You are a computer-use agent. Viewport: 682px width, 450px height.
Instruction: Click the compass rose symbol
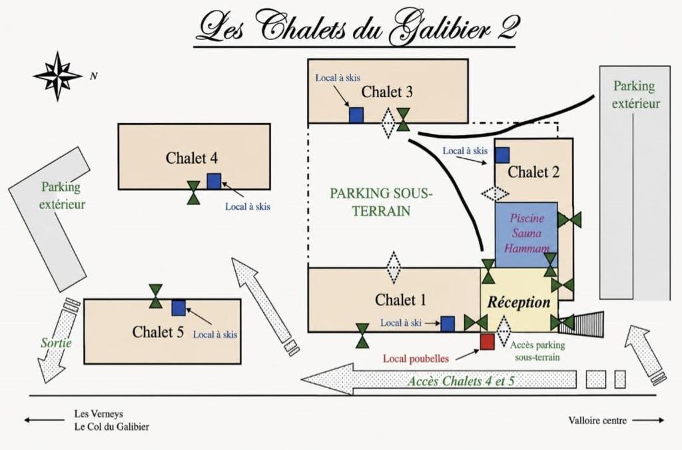point(58,76)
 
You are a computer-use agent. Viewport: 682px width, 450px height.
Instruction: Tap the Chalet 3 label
point(387,92)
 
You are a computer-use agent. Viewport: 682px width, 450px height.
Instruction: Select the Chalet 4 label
point(191,158)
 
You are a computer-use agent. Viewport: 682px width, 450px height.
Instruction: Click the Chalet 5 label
point(158,332)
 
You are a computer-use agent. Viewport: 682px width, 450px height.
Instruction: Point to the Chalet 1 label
point(400,300)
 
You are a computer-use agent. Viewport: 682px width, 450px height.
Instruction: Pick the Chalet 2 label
point(533,172)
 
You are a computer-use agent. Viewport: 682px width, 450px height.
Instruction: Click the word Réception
point(519,302)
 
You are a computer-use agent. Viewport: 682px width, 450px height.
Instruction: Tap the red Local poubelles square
point(487,341)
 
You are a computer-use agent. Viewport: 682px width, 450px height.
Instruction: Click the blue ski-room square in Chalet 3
point(356,115)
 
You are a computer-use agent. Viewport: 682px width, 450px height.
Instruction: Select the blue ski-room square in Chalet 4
point(214,181)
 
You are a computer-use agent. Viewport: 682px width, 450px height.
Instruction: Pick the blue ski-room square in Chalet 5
point(178,308)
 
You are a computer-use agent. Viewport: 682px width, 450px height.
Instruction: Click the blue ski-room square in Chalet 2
point(502,155)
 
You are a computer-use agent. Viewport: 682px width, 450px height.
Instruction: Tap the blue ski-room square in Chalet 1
point(448,324)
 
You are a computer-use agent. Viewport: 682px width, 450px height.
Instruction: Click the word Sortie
point(56,343)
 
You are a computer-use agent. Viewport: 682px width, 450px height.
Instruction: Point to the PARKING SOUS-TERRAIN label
point(381,202)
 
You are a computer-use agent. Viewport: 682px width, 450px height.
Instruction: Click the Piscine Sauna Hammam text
point(526,233)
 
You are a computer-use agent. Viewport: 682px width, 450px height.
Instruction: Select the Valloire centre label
point(597,421)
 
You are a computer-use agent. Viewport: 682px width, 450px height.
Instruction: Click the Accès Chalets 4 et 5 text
point(461,381)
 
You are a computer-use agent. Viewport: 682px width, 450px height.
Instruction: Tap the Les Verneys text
point(99,413)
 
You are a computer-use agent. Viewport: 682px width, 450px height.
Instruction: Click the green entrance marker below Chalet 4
point(194,192)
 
